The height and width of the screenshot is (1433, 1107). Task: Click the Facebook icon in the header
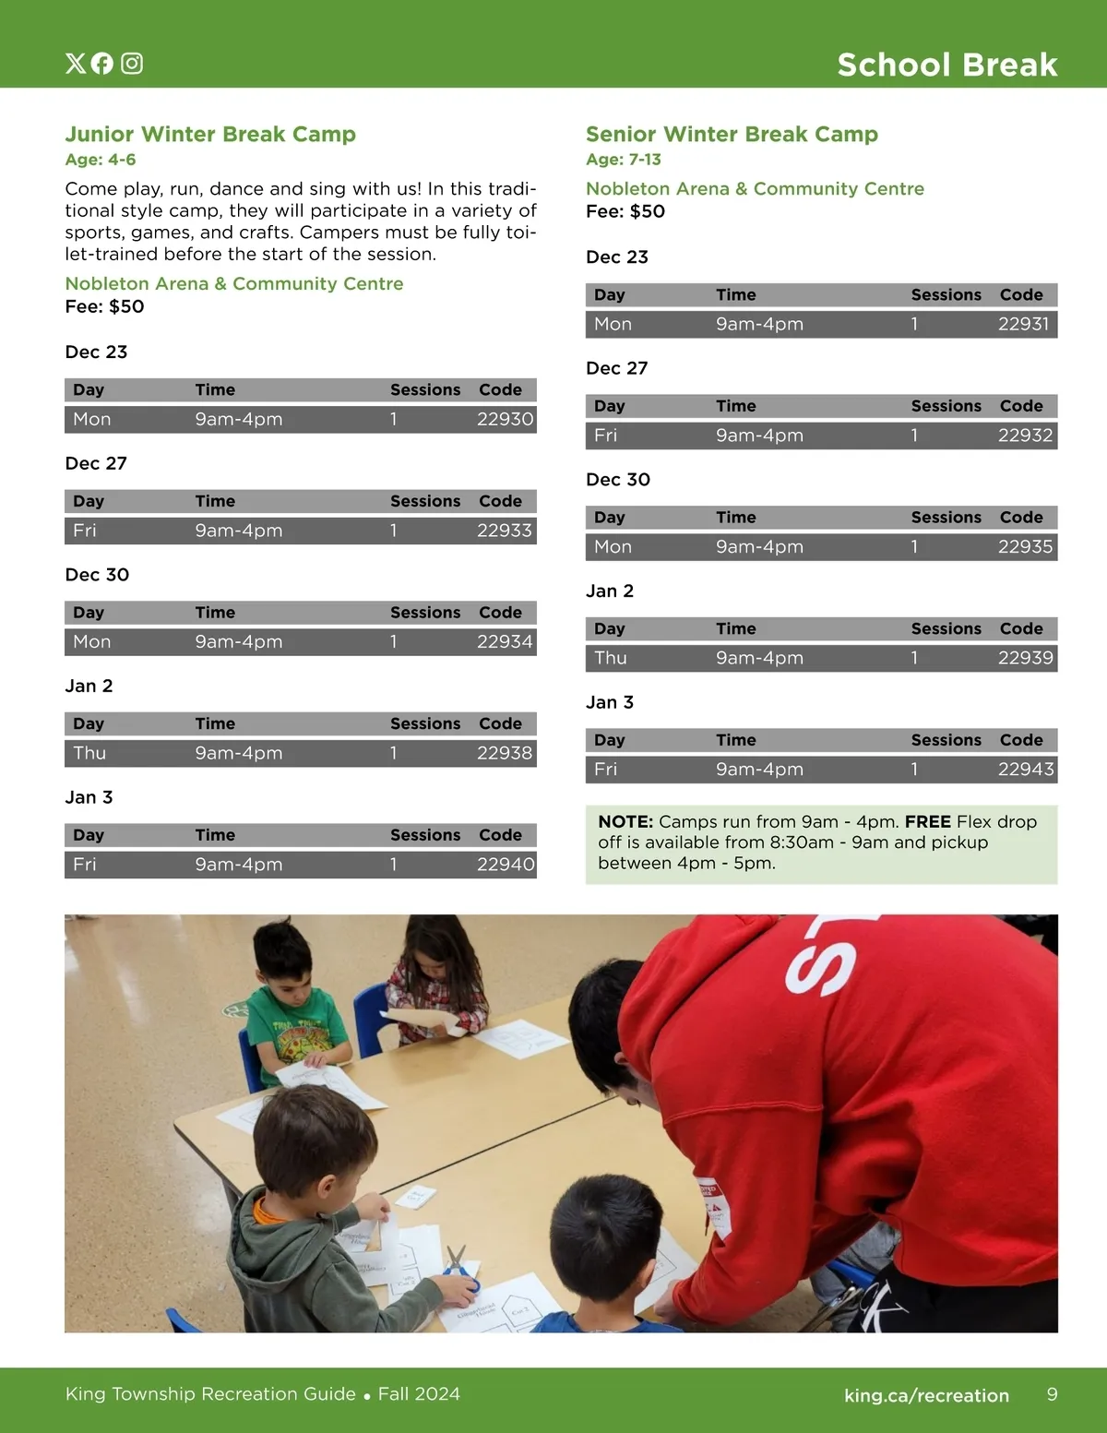pos(102,63)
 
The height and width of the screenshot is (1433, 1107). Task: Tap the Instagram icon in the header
pos(132,63)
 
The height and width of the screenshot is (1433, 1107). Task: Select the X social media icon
pos(75,63)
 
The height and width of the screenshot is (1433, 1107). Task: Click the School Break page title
pos(946,65)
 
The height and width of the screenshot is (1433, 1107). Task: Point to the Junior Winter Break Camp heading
pos(210,135)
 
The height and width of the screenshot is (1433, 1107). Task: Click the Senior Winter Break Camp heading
pos(732,135)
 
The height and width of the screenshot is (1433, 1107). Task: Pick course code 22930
pos(505,419)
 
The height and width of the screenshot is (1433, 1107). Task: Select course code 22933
pos(505,531)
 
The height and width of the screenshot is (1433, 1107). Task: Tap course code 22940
pos(505,865)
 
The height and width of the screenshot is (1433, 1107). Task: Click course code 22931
pos(1023,324)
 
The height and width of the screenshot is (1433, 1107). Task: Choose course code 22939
pos(1025,658)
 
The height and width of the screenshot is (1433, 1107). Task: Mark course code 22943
pos(1025,770)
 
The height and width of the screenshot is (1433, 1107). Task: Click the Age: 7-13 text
pos(624,160)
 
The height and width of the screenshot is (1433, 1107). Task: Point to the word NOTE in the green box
pos(626,822)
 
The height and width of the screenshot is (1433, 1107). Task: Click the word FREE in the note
pos(927,822)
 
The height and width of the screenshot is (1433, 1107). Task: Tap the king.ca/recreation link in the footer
pos(926,1395)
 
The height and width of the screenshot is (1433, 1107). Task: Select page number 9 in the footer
pos(1052,1394)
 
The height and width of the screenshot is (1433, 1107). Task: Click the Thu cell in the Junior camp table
pos(89,753)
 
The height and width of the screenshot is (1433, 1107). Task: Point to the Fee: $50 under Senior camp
pos(625,211)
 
